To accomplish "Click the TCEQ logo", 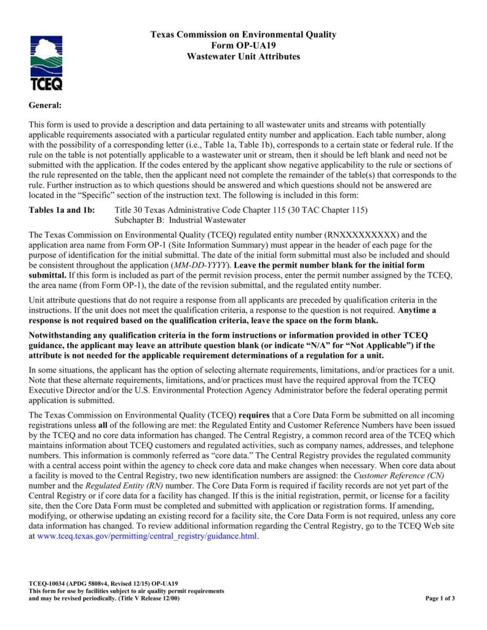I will coord(46,63).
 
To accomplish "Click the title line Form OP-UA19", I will coord(243,46).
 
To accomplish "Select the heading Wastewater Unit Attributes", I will coord(244,57).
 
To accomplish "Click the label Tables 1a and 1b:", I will coord(62,210).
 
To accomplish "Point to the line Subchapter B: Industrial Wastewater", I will coord(181,220).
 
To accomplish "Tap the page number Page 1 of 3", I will coord(440,598).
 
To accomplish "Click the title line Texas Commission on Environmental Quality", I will coord(244,35).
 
